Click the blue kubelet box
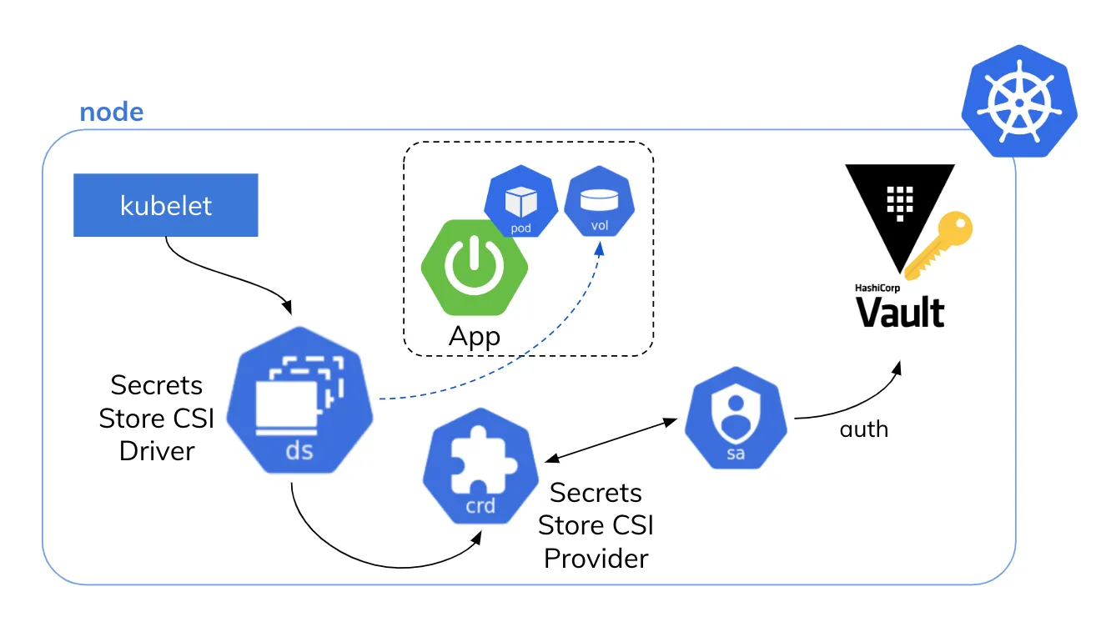[x=165, y=205]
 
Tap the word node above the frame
[x=111, y=113]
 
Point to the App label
[x=475, y=337]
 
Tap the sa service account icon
[x=736, y=418]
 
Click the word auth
[x=864, y=431]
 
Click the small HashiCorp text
[x=878, y=287]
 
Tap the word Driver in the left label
[x=157, y=451]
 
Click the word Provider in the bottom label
[x=596, y=558]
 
